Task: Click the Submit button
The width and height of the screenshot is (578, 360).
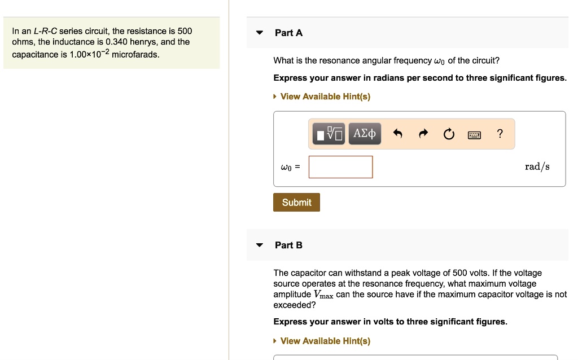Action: coord(296,203)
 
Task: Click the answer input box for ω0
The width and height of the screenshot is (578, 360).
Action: coord(340,167)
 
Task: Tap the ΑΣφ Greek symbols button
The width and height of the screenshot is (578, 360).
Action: coord(365,134)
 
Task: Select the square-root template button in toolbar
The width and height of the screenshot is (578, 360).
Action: coord(329,134)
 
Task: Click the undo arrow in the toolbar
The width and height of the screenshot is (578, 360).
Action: coord(397,134)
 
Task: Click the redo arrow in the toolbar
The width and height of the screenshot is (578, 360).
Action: coord(423,134)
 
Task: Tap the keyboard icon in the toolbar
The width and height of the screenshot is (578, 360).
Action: coord(474,134)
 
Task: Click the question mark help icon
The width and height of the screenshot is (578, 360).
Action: coord(499,134)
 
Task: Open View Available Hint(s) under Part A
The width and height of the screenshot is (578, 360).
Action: coord(325,96)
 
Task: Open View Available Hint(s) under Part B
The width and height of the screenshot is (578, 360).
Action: coord(325,341)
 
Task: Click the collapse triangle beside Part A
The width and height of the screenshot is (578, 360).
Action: coord(260,33)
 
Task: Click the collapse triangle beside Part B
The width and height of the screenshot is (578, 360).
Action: coord(260,245)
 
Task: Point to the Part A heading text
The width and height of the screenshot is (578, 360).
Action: coord(288,33)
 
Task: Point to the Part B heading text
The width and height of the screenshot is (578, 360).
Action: coord(288,245)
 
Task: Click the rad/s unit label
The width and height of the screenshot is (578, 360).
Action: coord(537,166)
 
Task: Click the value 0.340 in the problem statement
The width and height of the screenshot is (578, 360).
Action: coord(116,42)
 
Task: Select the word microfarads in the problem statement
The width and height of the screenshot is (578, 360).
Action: coord(135,55)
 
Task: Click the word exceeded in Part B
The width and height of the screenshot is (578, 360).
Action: coord(295,305)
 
